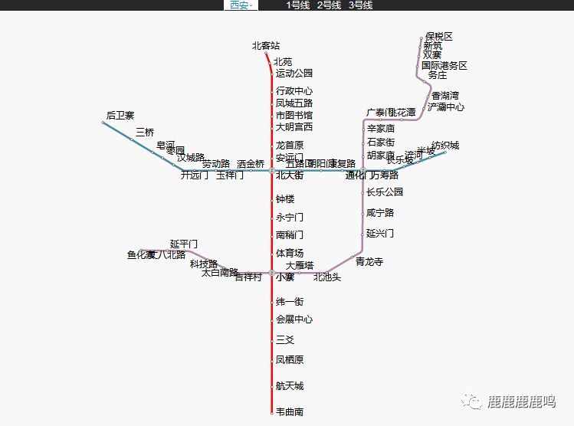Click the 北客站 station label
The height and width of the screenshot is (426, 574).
tap(266, 46)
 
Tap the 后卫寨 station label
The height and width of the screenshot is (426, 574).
tap(120, 116)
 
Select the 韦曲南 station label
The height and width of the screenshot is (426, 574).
tap(290, 412)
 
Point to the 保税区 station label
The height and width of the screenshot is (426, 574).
tap(439, 37)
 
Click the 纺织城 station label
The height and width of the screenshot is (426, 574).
tap(445, 146)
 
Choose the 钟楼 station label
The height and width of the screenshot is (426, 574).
tap(285, 199)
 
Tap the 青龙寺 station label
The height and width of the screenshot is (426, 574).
tap(369, 262)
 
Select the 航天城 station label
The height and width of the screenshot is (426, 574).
tap(290, 386)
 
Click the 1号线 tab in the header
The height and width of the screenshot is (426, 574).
tap(298, 5)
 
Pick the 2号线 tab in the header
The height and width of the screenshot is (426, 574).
tap(330, 5)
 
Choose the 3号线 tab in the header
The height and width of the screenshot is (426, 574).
tap(360, 5)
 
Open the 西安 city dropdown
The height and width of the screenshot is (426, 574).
tap(241, 5)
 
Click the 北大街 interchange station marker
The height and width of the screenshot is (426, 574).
tap(272, 170)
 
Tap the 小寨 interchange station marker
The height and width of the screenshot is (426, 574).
tap(272, 273)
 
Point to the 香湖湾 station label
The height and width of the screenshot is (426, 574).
tap(445, 96)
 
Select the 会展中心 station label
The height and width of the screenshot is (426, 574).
tap(294, 319)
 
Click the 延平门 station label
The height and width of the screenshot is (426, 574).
tap(184, 244)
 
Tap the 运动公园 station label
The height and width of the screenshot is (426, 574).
tap(294, 74)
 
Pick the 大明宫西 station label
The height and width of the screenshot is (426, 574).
tap(294, 127)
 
